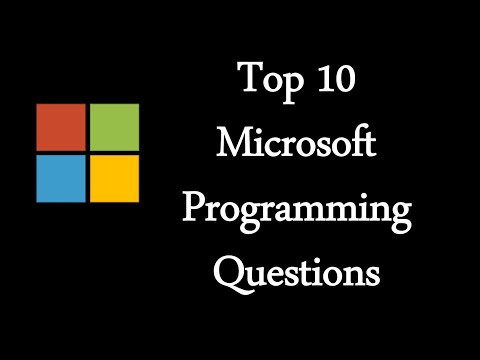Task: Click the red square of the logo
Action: [60, 127]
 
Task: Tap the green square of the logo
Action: [114, 127]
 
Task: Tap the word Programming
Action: [297, 211]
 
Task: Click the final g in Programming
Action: [401, 215]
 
